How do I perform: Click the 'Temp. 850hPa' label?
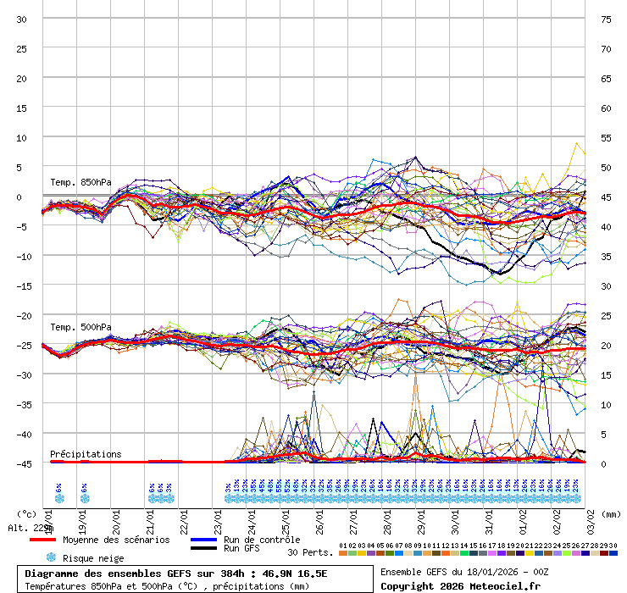80,183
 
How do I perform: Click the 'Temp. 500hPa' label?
80,327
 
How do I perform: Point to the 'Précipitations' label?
86,454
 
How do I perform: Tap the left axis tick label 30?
22,19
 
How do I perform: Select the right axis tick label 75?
606,19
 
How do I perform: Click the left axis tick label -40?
22,434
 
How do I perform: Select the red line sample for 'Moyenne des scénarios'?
54,540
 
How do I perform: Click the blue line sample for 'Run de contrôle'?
204,540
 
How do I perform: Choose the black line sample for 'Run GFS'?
204,549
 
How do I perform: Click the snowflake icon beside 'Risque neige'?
51,557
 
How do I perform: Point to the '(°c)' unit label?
27,513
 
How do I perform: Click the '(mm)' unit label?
612,513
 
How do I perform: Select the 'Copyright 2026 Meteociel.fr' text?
460,585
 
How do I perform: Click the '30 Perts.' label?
309,552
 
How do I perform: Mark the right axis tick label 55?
606,137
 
